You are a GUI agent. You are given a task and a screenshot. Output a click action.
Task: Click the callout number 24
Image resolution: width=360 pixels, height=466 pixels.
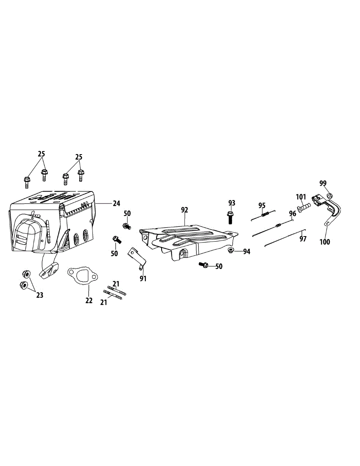[x=117, y=203]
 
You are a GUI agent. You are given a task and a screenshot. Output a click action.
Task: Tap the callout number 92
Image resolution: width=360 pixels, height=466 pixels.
[x=184, y=210]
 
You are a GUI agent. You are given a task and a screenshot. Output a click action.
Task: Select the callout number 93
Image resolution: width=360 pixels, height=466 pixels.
[x=232, y=203]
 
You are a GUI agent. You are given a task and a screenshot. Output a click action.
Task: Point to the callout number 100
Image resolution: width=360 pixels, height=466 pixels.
[x=325, y=242]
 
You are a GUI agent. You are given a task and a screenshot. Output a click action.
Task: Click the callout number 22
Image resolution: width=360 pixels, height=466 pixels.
[x=89, y=300]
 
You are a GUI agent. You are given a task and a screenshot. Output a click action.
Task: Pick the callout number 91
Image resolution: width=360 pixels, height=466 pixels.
[x=143, y=278]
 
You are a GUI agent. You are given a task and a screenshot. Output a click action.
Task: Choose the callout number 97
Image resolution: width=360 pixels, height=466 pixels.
[x=303, y=239]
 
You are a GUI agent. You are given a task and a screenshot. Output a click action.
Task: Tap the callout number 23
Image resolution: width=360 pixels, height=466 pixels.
[x=40, y=295]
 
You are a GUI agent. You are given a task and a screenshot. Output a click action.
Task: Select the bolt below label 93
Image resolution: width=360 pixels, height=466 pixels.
[x=230, y=217]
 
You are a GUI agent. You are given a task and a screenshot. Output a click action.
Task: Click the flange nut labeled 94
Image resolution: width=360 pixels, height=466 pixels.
[x=231, y=250]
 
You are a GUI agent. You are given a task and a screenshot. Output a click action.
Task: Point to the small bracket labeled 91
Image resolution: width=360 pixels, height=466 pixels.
[x=137, y=257]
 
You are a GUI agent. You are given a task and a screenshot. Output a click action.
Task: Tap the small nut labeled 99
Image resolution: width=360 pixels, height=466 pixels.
[x=329, y=195]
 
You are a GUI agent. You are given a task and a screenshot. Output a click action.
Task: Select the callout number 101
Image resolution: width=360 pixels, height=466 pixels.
[x=301, y=196]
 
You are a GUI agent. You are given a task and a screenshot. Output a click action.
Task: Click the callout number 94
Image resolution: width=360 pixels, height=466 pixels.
[x=247, y=251]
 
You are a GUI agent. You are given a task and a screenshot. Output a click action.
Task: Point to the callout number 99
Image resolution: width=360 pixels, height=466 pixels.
[x=323, y=183]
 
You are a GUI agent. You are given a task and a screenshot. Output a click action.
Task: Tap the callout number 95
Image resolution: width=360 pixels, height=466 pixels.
[x=262, y=205]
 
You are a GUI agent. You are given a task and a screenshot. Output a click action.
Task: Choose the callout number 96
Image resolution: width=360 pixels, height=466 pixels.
[x=292, y=213]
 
